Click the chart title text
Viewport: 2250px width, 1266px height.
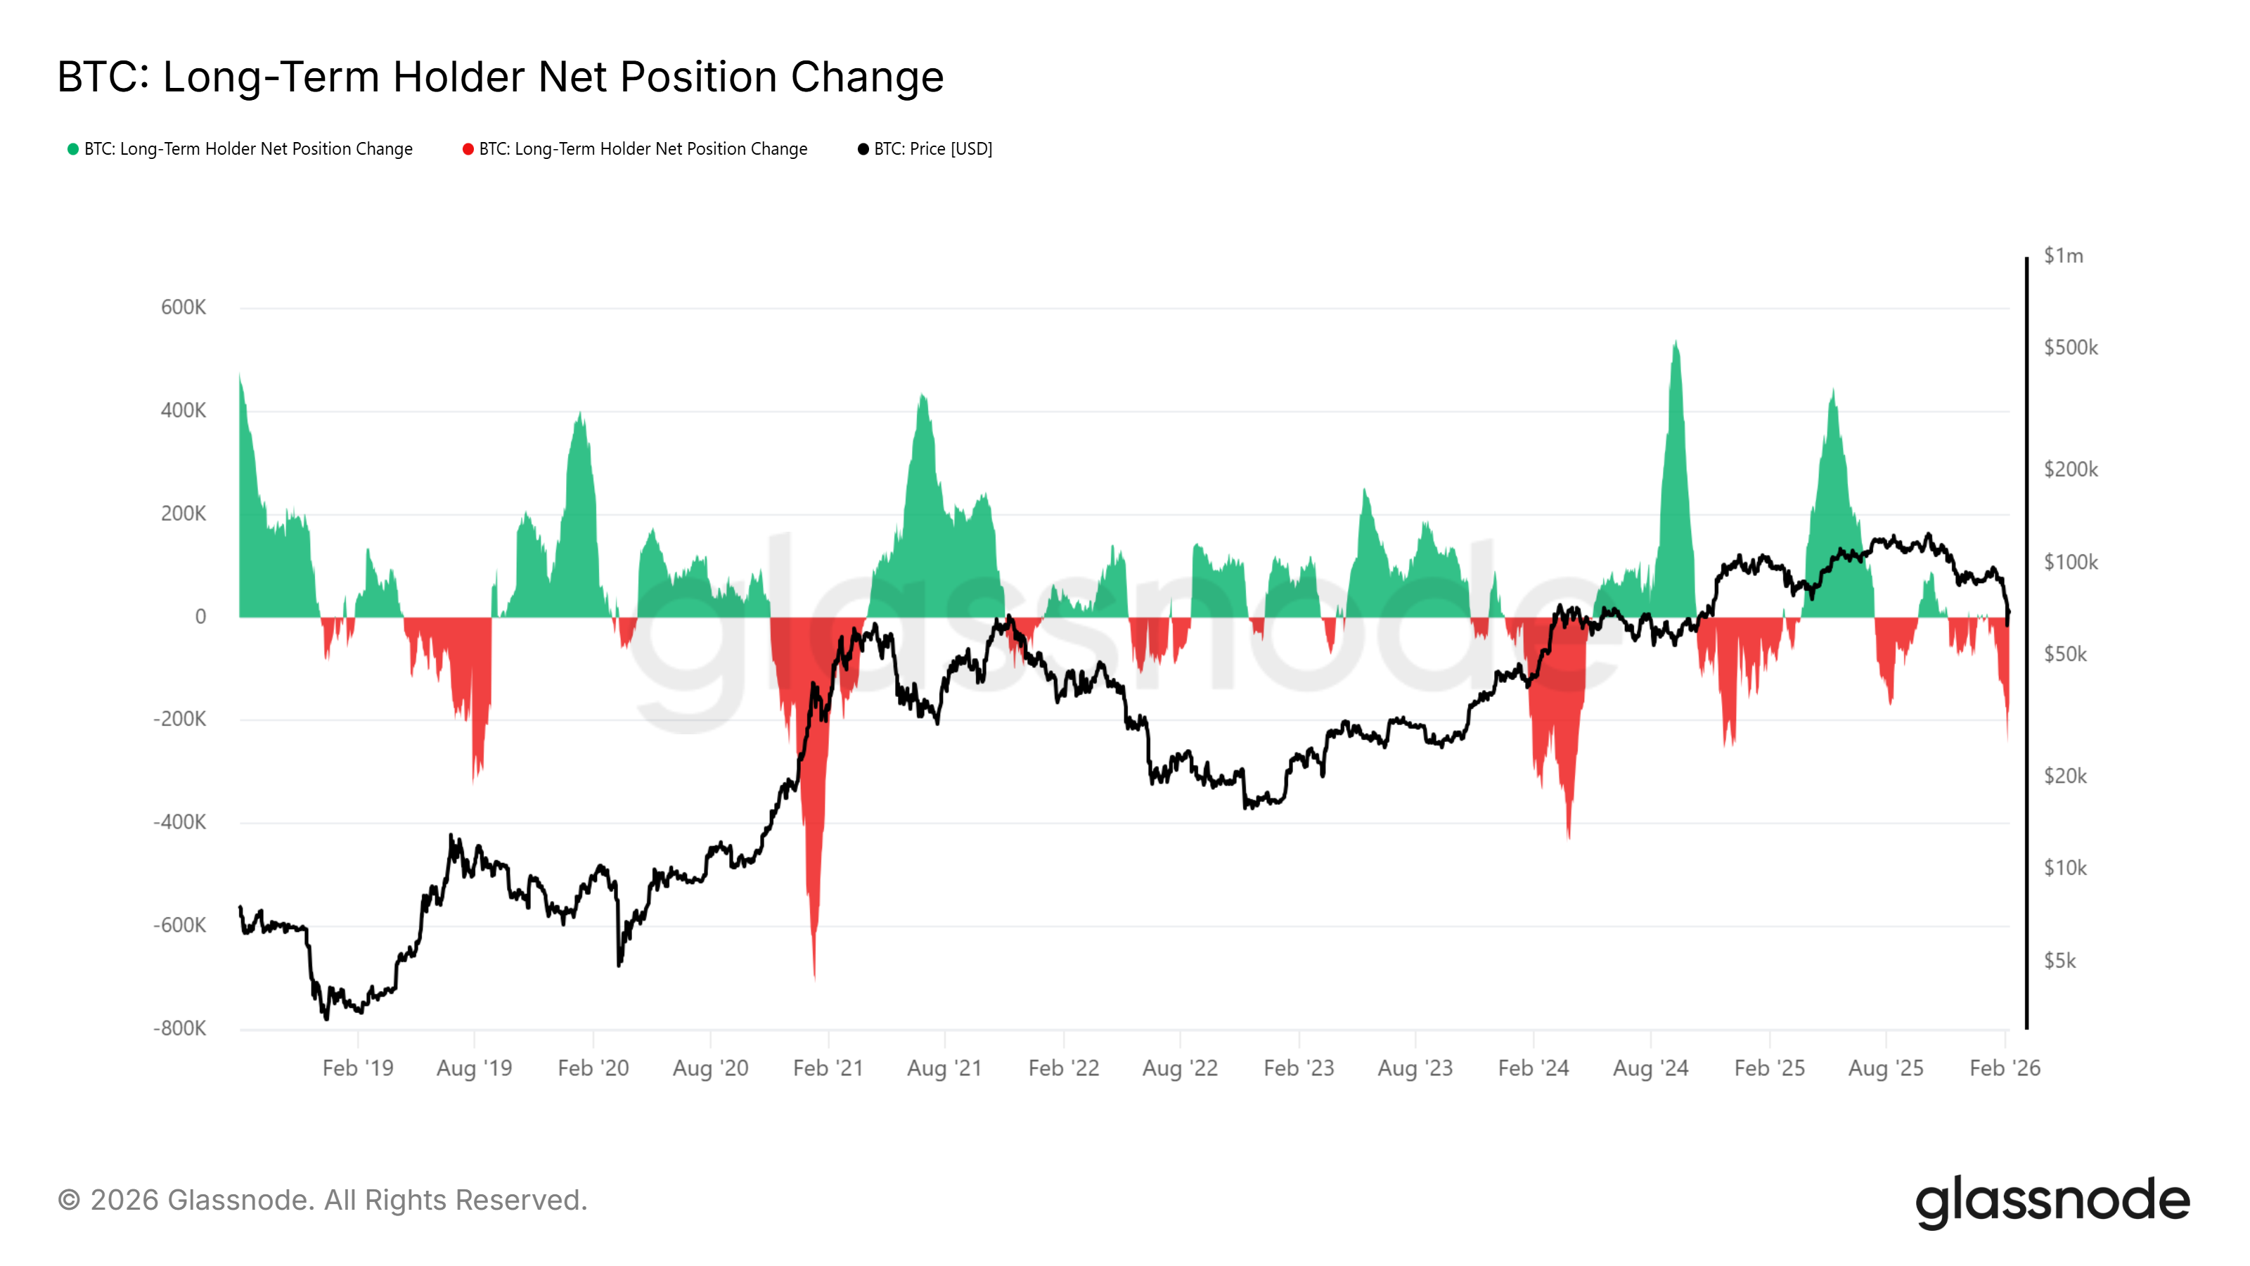[x=500, y=77]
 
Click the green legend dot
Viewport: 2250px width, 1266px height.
[x=73, y=149]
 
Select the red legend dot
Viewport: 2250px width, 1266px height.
[x=468, y=149]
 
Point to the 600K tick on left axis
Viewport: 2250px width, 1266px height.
[x=184, y=307]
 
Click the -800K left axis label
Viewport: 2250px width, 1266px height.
[x=180, y=1028]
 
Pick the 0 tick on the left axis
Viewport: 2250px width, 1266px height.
[x=201, y=617]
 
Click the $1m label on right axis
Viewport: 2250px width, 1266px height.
[x=2063, y=256]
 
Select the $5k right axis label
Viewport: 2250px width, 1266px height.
[x=2059, y=961]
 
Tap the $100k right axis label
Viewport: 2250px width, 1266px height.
[x=2070, y=563]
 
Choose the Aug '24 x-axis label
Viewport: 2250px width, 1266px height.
[x=1650, y=1068]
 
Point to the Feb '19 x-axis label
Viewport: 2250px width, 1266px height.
[x=357, y=1068]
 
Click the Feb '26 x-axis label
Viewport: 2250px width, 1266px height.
[x=2005, y=1068]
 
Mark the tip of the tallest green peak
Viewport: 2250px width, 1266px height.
[x=1676, y=342]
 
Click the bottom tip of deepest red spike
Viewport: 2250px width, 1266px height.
[x=814, y=978]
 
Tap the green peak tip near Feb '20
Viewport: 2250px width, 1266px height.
[x=581, y=412]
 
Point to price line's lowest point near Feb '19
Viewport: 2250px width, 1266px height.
[x=327, y=1018]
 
